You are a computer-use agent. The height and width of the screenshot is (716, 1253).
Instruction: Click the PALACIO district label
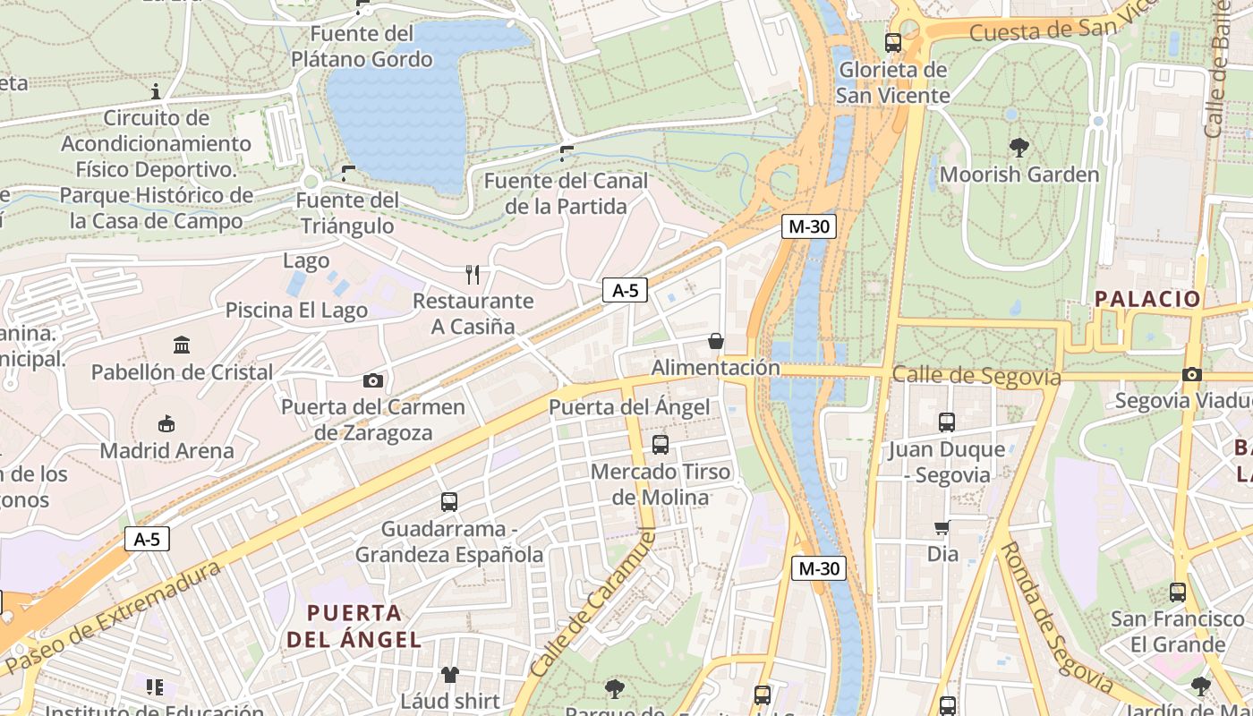1147,299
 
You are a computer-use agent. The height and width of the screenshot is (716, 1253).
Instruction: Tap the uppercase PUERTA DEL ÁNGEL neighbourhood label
354,626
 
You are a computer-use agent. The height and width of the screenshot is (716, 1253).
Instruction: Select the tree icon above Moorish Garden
1019,148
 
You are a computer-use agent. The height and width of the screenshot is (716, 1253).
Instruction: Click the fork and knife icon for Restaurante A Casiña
473,275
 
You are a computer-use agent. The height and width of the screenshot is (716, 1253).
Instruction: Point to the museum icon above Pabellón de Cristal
182,345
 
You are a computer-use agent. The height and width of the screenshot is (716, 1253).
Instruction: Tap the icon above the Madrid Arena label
166,423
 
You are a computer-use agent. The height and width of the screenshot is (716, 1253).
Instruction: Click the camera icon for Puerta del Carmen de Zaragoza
373,381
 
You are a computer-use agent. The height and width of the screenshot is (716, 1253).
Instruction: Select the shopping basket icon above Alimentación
715,341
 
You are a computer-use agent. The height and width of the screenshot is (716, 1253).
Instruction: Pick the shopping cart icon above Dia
942,528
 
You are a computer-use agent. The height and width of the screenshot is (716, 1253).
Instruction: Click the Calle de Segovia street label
976,376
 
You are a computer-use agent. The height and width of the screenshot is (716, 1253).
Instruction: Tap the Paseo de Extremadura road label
112,618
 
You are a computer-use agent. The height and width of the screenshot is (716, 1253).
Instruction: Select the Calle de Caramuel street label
593,604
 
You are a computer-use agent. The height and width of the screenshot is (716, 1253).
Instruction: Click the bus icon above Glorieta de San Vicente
892,42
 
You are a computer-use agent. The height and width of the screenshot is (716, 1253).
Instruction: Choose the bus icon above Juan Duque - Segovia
947,422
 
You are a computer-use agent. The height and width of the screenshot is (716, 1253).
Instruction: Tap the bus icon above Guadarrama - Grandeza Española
449,502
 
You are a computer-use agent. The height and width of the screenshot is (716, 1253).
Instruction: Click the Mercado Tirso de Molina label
661,484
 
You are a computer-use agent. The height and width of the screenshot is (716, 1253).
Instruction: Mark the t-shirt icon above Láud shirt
449,674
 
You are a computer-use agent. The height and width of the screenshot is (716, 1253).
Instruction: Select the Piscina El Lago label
296,311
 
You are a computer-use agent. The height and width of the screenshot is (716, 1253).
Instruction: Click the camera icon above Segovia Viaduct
1191,374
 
